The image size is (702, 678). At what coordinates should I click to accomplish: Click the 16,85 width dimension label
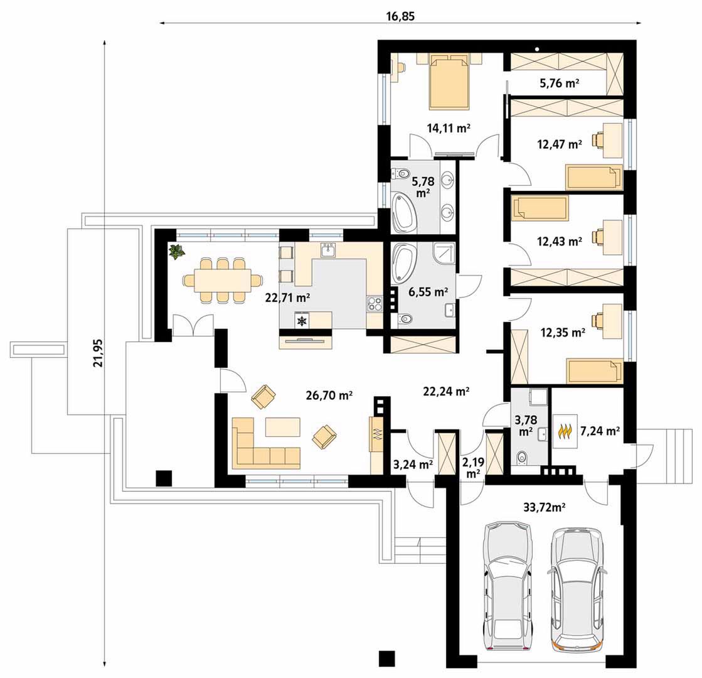pyautogui.click(x=400, y=16)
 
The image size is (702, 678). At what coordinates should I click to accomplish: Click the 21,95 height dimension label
pyautogui.click(x=98, y=353)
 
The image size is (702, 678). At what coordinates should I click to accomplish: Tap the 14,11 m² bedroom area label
pyautogui.click(x=448, y=128)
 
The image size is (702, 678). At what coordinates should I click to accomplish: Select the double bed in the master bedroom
pyautogui.click(x=450, y=82)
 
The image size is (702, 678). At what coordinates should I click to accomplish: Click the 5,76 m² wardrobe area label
pyautogui.click(x=560, y=83)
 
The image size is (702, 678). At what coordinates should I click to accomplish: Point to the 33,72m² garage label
pyautogui.click(x=545, y=507)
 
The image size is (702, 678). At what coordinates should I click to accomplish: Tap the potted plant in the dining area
pyautogui.click(x=177, y=251)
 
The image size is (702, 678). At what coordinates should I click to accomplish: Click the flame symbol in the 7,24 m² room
pyautogui.click(x=566, y=431)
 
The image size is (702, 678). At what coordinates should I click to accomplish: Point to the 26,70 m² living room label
pyautogui.click(x=329, y=395)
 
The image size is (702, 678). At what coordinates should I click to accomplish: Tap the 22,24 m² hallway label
pyautogui.click(x=446, y=391)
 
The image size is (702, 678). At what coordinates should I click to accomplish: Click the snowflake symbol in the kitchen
pyautogui.click(x=302, y=321)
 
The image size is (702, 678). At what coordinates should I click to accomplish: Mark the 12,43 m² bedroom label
pyautogui.click(x=559, y=242)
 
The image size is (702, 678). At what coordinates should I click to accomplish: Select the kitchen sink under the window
pyautogui.click(x=329, y=250)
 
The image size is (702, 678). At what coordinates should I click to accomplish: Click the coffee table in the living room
pyautogui.click(x=282, y=427)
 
